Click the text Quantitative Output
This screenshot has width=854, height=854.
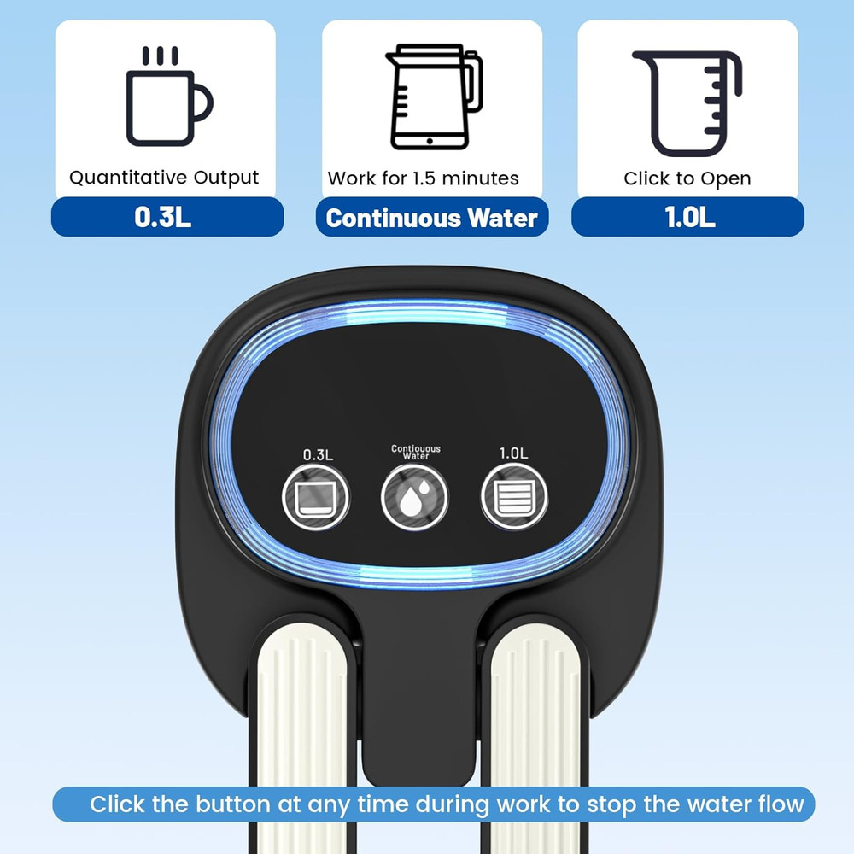pyautogui.click(x=164, y=178)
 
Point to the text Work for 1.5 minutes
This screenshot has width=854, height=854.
pyautogui.click(x=424, y=178)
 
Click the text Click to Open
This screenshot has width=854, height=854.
pyautogui.click(x=687, y=178)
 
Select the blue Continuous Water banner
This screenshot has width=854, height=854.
pyautogui.click(x=432, y=218)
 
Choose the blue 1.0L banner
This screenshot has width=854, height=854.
pyautogui.click(x=689, y=217)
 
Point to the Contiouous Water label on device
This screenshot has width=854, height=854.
pyautogui.click(x=415, y=452)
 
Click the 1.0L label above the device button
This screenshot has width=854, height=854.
pyautogui.click(x=513, y=453)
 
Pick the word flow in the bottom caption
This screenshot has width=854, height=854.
pyautogui.click(x=777, y=804)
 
